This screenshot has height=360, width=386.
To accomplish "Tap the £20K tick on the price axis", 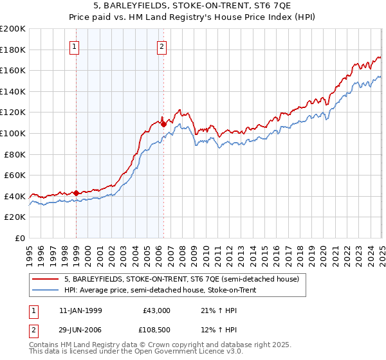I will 15,217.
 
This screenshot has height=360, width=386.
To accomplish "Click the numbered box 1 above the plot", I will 75,46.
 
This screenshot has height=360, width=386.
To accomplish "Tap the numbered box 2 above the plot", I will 161,46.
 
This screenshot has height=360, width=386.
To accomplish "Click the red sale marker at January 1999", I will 77,192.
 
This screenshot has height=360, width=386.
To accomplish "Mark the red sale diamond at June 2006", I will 163,123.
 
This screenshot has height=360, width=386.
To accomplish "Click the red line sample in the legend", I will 46,280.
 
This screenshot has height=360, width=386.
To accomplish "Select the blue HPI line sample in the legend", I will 46,290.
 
